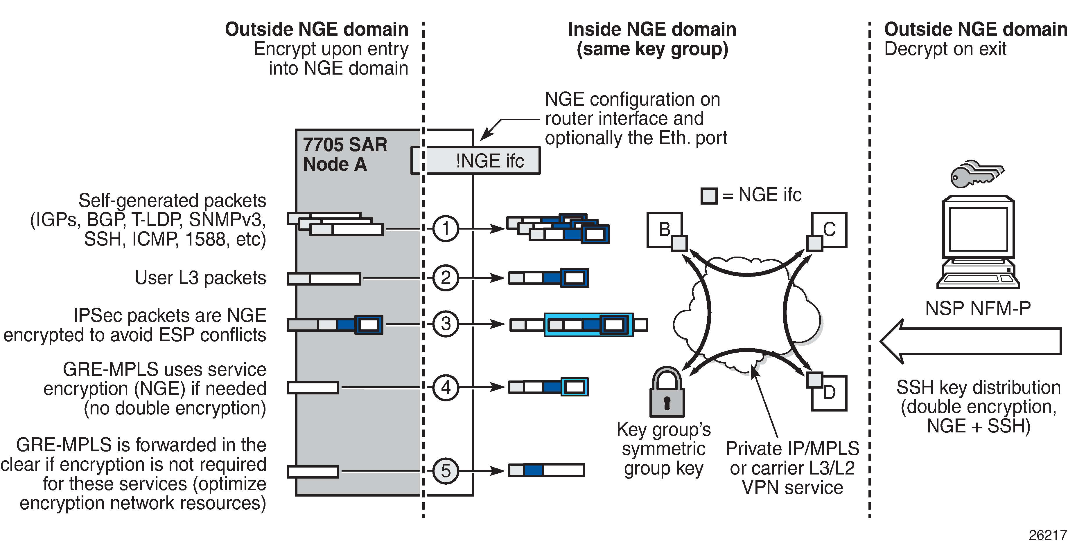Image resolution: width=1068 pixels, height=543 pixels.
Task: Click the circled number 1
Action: tap(446, 228)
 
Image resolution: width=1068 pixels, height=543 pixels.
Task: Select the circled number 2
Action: tap(446, 277)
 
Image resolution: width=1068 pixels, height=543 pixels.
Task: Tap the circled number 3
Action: tap(446, 324)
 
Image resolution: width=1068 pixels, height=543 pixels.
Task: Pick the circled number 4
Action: tap(446, 387)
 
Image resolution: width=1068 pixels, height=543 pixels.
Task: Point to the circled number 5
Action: tap(446, 470)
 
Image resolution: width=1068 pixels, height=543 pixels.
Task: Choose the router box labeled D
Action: tap(829, 393)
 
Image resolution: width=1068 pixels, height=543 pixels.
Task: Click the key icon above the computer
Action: tap(977, 174)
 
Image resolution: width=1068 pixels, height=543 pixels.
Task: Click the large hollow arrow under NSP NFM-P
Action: tap(970, 342)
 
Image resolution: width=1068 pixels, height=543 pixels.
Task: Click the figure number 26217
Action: tap(1048, 535)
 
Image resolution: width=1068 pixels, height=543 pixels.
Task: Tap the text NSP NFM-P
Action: tap(978, 309)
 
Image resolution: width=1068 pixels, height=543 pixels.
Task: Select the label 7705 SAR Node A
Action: tap(345, 154)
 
